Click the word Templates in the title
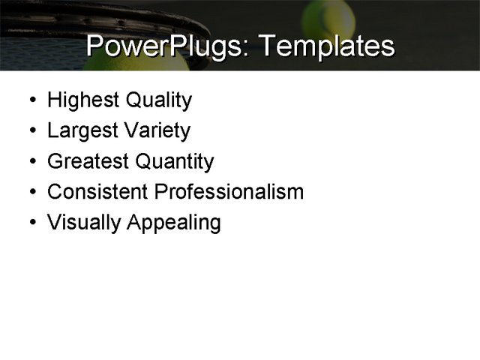325,46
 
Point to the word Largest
80,131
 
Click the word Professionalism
229,192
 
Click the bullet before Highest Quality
28,100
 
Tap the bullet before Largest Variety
28,132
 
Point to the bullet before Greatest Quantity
28,162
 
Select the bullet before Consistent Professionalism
28,193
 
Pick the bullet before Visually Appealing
28,223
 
